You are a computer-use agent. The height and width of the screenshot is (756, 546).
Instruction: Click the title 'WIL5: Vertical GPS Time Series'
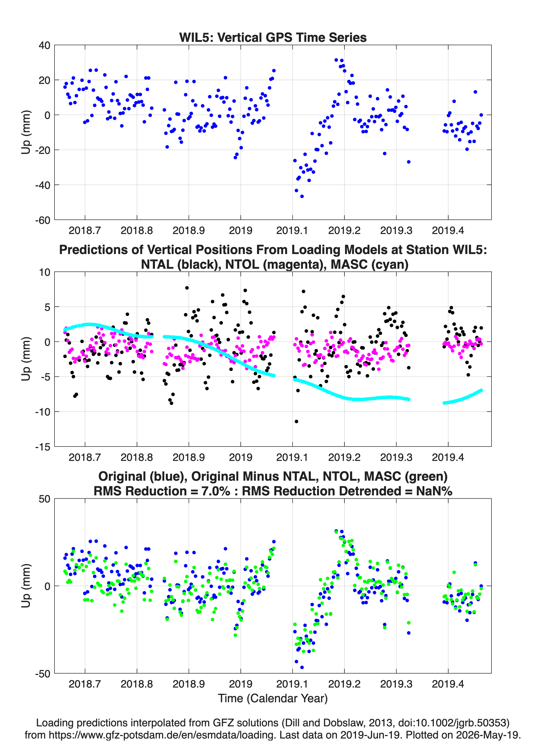273,37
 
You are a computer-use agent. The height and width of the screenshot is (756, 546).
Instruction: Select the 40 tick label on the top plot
44,45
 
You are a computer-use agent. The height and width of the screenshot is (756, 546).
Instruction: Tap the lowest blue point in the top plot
302,196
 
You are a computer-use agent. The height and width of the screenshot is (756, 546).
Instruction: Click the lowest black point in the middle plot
296,421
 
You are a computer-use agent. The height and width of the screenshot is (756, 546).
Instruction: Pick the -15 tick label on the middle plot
43,447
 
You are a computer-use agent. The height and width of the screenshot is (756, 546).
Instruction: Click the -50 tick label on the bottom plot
43,674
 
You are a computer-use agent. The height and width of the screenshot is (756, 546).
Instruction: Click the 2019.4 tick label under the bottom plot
448,684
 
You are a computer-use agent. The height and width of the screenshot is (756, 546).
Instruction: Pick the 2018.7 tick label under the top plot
85,230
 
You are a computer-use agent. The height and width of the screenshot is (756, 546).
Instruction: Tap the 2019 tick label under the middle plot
241,457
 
